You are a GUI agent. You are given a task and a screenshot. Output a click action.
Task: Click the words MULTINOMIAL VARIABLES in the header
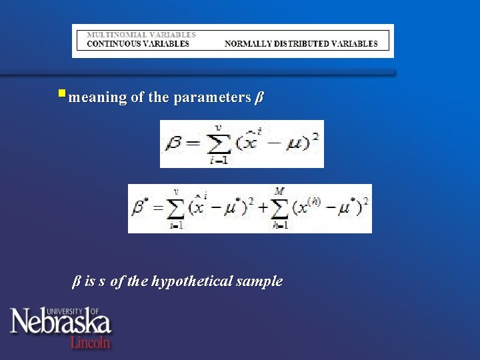(141, 34)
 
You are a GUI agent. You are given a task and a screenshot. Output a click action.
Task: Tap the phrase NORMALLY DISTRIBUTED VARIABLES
(301, 44)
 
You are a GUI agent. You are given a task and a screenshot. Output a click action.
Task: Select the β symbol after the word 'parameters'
(259, 97)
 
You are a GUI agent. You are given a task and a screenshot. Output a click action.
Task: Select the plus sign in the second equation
(259, 208)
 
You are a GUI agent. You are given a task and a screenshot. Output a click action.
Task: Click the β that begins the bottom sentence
(76, 281)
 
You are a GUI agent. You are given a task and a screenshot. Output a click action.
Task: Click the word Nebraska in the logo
(60, 324)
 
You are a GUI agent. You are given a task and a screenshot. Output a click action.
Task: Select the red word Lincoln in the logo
(91, 342)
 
